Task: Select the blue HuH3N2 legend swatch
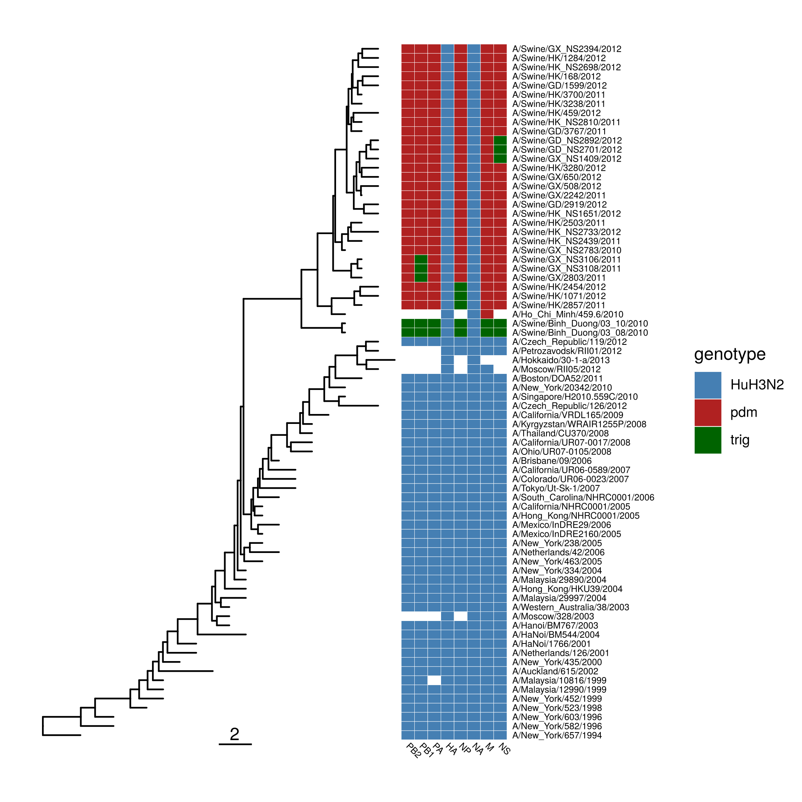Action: click(x=708, y=385)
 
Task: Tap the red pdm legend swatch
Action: click(x=708, y=412)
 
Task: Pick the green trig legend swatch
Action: click(x=708, y=440)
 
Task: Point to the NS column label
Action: click(x=504, y=749)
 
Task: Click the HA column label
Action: click(x=451, y=749)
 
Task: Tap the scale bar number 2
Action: click(x=234, y=734)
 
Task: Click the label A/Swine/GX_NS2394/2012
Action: click(x=567, y=49)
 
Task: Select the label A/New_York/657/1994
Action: click(x=557, y=735)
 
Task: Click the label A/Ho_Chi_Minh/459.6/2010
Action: click(x=568, y=315)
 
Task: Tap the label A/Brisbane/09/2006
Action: click(x=552, y=461)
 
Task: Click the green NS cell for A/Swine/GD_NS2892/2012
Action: click(x=500, y=141)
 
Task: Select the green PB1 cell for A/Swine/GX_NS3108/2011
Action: click(x=421, y=268)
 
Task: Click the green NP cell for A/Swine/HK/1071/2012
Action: click(x=460, y=296)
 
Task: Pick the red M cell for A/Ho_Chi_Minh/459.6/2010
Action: click(x=487, y=314)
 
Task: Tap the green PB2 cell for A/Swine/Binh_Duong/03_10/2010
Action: click(x=407, y=323)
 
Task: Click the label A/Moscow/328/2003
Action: click(x=553, y=616)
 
